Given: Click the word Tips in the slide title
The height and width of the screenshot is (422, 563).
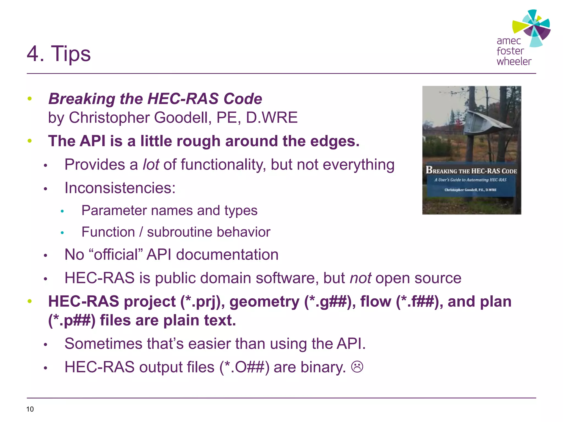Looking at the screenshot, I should (71, 54).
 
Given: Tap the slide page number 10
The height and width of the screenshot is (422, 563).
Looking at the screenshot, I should (30, 409).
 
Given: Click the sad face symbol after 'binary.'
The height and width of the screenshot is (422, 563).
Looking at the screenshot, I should (357, 367).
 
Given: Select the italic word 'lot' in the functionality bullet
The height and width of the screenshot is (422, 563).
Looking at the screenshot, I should (151, 165).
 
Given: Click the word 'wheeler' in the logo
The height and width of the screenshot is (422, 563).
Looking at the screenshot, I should (514, 62).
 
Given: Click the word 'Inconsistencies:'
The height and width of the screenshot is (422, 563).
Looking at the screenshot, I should (120, 188).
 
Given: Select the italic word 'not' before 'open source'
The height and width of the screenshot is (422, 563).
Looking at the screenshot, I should (360, 278).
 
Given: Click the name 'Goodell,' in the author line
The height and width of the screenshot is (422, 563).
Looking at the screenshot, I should (183, 118).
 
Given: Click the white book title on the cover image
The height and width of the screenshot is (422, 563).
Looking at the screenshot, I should (471, 171).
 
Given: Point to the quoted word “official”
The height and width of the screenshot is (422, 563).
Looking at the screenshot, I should (116, 254).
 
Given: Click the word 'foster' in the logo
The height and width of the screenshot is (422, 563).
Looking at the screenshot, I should (510, 51).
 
